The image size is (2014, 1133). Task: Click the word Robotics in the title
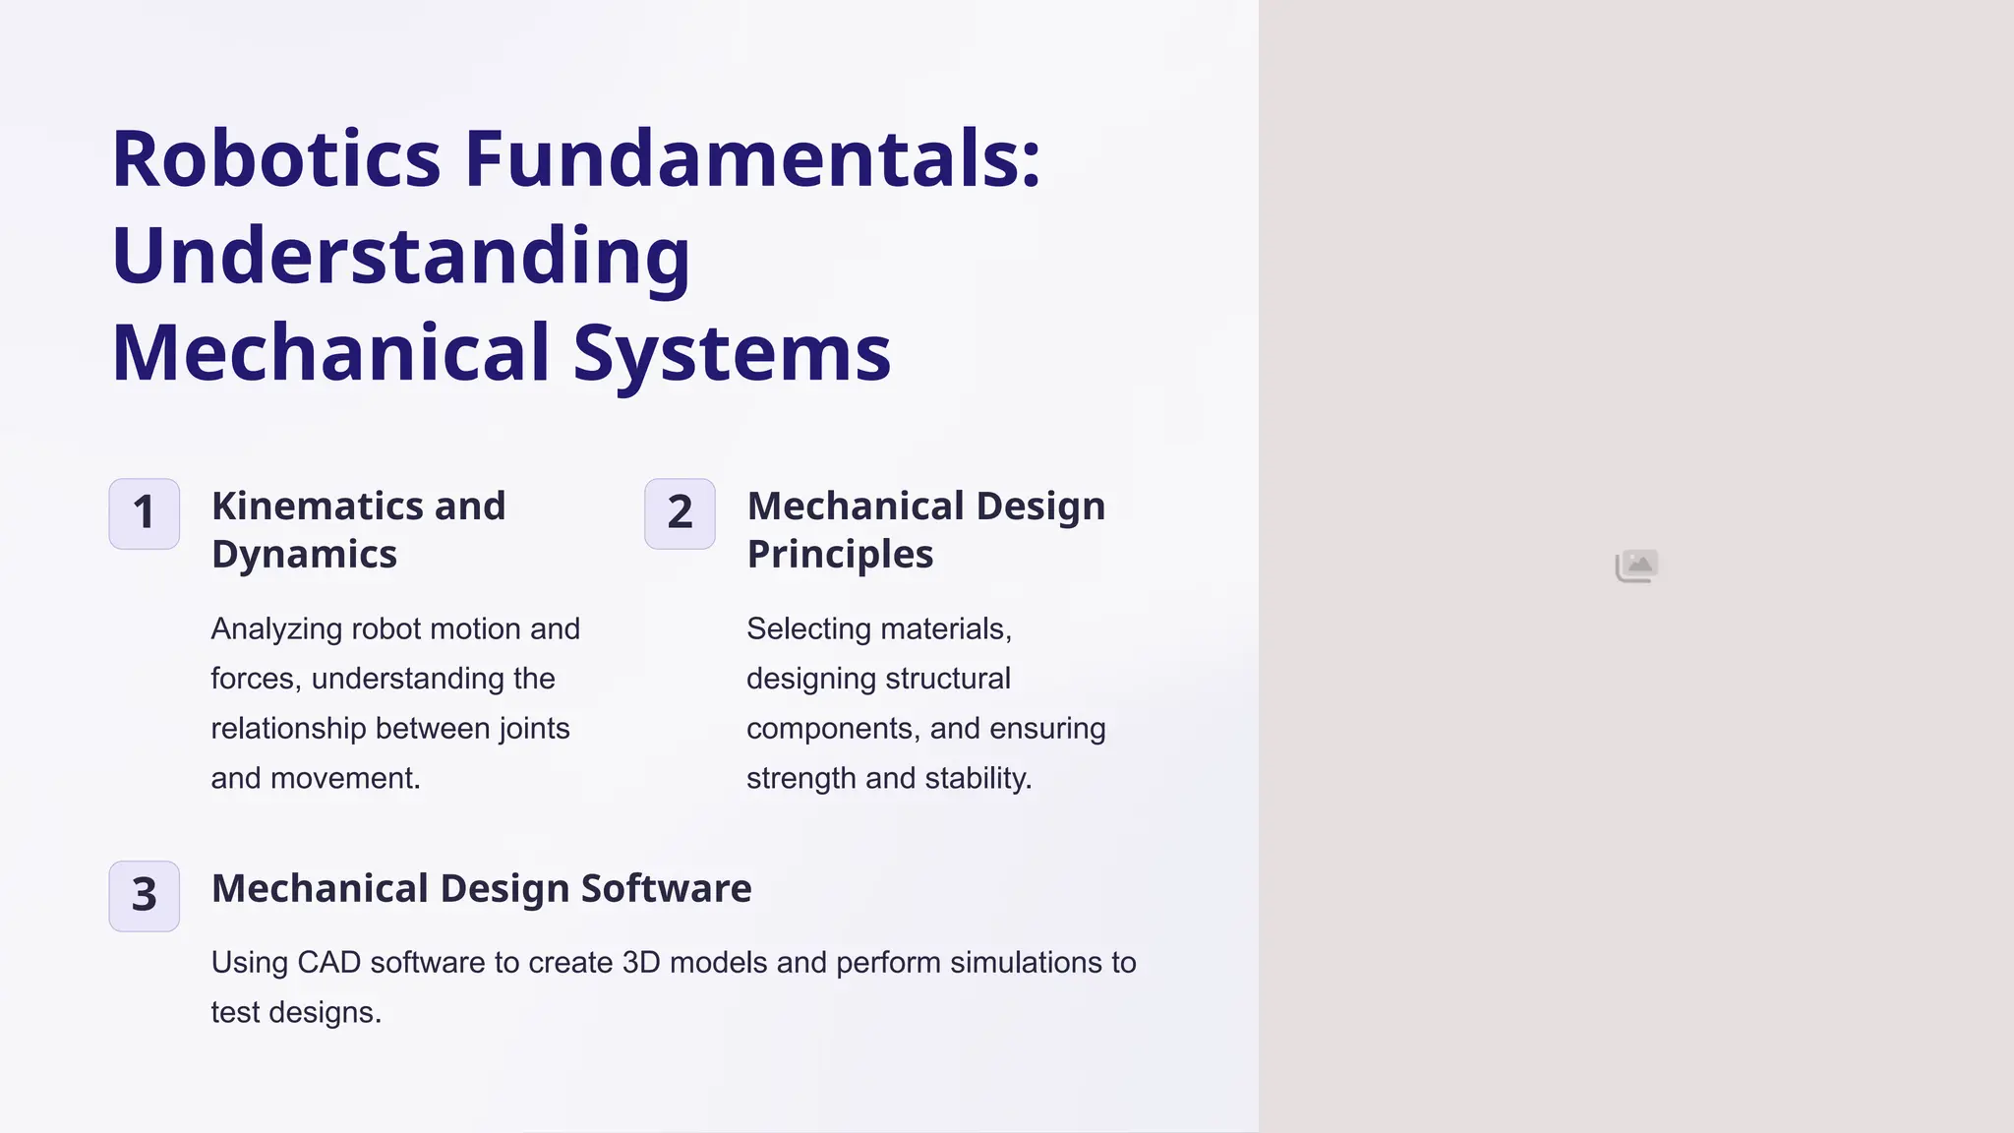[276, 159]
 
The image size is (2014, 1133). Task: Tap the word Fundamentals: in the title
[752, 159]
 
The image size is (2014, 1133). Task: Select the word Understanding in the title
[401, 256]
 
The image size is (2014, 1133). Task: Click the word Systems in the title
[732, 352]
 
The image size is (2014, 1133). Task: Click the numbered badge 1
[145, 513]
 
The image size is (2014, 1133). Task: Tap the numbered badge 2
[680, 513]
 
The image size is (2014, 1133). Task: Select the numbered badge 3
[145, 896]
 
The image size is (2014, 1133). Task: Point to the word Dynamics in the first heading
[304, 554]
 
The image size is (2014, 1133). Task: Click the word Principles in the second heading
[840, 554]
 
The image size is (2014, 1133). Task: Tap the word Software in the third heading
[666, 888]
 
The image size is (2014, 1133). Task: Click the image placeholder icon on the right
[1636, 566]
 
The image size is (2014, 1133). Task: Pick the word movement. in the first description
[345, 778]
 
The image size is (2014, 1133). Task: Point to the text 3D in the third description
[641, 962]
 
